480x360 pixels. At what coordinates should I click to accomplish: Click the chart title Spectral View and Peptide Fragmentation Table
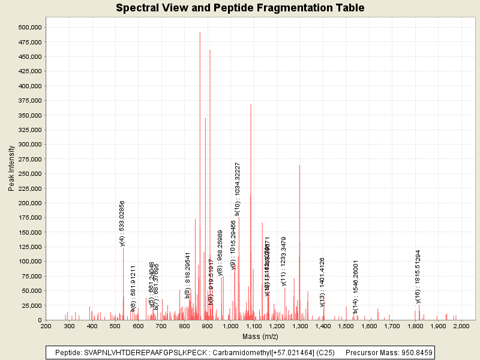click(x=240, y=8)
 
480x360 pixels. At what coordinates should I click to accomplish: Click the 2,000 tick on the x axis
click(x=461, y=326)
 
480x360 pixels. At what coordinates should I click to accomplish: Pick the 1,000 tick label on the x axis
click(x=230, y=326)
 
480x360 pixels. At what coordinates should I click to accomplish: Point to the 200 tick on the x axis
click(x=46, y=326)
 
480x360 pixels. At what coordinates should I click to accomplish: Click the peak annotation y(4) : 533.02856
click(x=122, y=223)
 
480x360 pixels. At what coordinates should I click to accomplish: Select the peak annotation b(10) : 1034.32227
click(x=238, y=188)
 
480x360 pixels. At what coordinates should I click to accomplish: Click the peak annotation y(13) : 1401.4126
click(x=322, y=282)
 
